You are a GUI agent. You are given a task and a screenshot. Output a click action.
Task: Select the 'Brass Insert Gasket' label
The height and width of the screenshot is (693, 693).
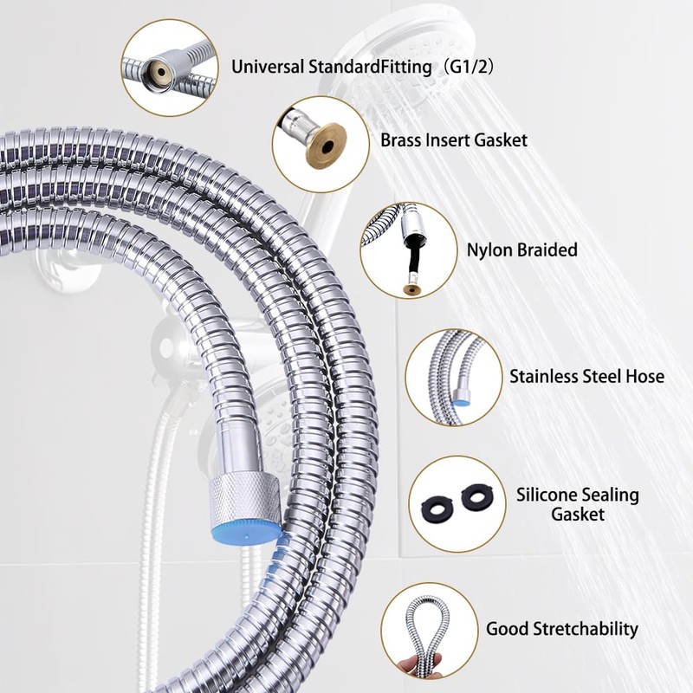click(453, 139)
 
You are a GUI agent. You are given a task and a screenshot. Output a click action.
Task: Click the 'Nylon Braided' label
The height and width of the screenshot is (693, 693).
click(521, 250)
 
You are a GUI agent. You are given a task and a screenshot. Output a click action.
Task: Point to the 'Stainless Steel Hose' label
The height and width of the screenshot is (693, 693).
click(586, 376)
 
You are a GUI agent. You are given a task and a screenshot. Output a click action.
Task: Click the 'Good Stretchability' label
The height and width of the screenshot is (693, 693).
click(561, 629)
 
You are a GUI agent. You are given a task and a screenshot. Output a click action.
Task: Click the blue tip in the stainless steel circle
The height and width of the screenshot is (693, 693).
click(463, 398)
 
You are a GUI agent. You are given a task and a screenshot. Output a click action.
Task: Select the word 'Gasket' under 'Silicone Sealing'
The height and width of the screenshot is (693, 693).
click(578, 515)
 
